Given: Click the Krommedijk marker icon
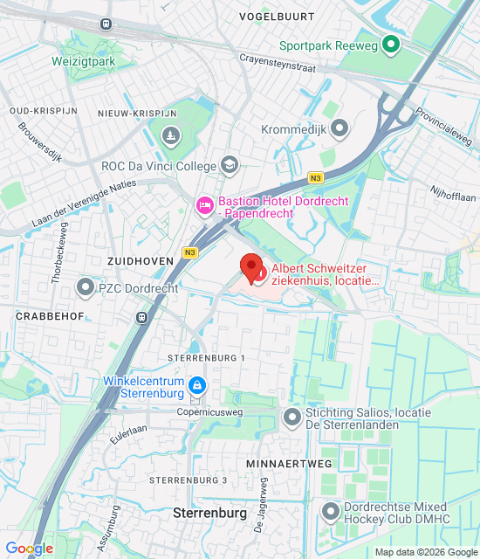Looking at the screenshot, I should point(339,128).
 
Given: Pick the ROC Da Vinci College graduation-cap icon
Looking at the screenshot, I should point(229,164).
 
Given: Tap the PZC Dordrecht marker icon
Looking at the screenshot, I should point(86,286).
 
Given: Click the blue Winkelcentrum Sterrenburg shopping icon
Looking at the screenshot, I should point(197,384).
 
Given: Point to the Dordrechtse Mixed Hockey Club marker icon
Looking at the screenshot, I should point(330,510).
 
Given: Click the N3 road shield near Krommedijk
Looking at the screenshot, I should point(315,178).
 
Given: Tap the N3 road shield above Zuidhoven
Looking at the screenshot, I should point(189,252).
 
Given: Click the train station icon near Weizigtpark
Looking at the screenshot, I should point(106,24).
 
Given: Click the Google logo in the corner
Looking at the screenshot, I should point(29,549).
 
